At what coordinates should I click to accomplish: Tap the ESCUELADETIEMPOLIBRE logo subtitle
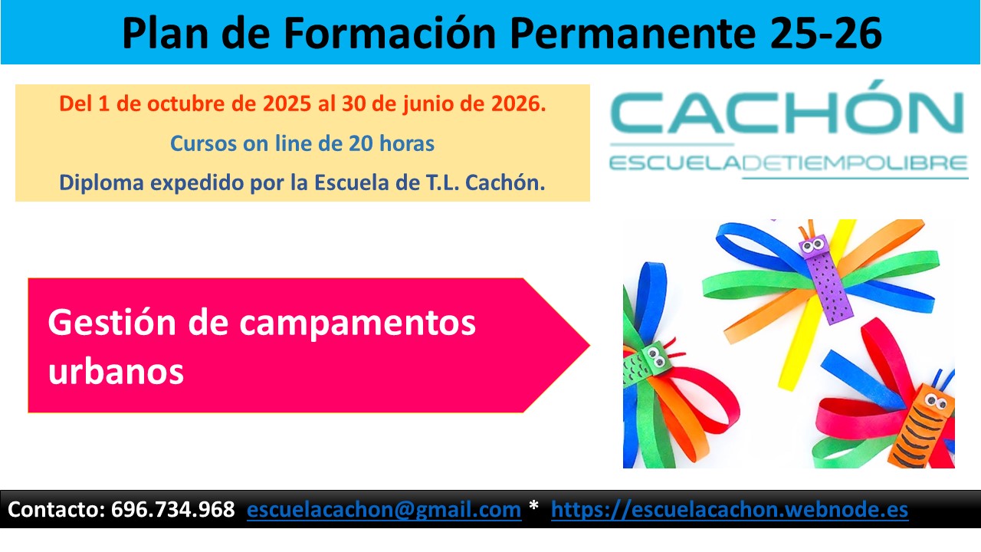(x=787, y=163)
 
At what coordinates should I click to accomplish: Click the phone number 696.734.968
(x=172, y=510)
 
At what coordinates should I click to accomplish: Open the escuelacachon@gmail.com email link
(x=384, y=510)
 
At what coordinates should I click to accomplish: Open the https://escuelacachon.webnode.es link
(x=729, y=510)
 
